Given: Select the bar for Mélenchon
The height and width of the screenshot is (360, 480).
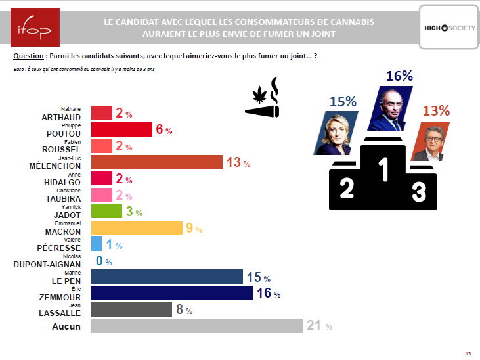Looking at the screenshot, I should [157, 162].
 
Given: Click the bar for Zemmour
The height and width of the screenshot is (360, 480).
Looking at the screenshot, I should [171, 293].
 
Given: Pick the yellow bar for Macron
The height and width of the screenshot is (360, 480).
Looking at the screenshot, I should [137, 227].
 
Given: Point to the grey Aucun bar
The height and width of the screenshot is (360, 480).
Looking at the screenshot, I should [197, 326].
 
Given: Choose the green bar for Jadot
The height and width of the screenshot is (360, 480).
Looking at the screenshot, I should [106, 211].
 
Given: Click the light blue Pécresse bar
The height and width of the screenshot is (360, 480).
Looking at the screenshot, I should [97, 244].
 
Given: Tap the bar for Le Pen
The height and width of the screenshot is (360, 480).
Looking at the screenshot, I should [167, 277].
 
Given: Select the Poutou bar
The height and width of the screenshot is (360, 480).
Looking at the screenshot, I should [121, 129].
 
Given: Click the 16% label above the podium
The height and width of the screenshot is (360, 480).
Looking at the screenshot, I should [399, 76].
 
